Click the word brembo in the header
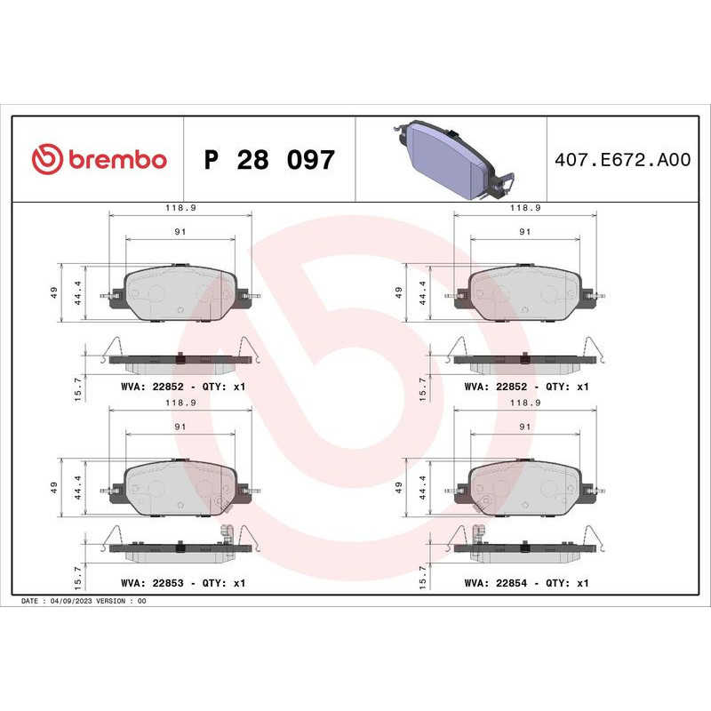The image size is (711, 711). (116, 160)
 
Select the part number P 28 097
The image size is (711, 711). (269, 161)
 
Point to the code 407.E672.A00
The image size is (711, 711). (621, 160)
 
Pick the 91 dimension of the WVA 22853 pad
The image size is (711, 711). (180, 427)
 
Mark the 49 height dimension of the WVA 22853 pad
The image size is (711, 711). (54, 487)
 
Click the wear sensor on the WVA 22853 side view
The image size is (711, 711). (225, 539)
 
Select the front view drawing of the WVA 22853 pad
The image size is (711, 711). (180, 486)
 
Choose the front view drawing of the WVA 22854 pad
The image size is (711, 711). (524, 486)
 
